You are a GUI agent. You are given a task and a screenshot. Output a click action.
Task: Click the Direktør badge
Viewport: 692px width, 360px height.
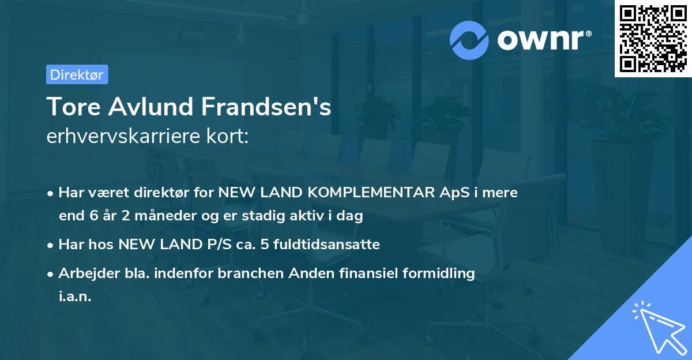click(77, 74)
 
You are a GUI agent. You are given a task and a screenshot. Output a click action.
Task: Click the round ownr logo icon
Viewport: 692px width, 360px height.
click(469, 40)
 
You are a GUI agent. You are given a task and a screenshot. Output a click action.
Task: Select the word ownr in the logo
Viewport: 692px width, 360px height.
click(540, 40)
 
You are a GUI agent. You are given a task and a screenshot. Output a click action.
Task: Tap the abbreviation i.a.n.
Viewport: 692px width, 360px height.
click(75, 297)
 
